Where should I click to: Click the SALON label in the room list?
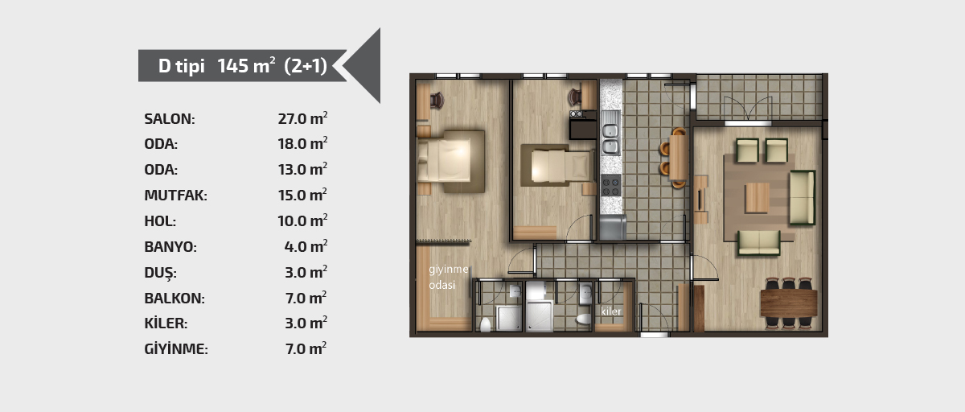click(170, 119)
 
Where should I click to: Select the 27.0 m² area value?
click(302, 118)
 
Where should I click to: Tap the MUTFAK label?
click(175, 196)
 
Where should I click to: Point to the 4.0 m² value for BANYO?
click(306, 246)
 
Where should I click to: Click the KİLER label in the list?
click(166, 323)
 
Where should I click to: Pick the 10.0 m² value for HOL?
click(302, 220)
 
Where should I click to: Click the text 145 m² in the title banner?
click(246, 65)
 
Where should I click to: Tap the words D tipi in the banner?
click(182, 66)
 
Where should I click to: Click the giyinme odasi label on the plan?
click(448, 277)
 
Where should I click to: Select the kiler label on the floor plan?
click(611, 311)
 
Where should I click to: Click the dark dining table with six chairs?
click(789, 303)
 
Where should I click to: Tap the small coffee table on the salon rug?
click(758, 198)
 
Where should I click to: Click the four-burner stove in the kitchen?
click(611, 185)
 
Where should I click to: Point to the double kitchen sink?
click(611, 138)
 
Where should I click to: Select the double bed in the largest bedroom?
click(450, 161)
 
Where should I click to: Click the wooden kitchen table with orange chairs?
click(675, 157)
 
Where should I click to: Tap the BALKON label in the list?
click(175, 299)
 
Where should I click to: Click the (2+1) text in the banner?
click(306, 66)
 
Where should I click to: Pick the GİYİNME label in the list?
click(176, 348)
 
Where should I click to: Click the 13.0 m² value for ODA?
click(302, 169)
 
